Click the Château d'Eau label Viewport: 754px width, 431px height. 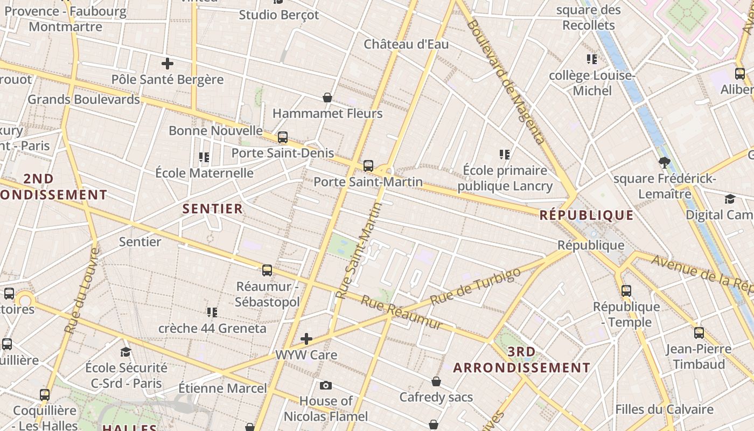pyautogui.click(x=406, y=44)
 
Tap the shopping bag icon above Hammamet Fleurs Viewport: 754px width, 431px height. pyautogui.click(x=327, y=98)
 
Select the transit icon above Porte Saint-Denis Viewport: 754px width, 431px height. pyautogui.click(x=283, y=137)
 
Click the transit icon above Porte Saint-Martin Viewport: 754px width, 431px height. pyautogui.click(x=368, y=165)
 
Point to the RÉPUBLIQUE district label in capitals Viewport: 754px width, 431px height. pyautogui.click(x=587, y=215)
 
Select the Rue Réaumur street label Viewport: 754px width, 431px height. pyautogui.click(x=402, y=312)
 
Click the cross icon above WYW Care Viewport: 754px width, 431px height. pyautogui.click(x=306, y=339)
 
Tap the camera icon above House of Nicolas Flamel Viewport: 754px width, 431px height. pyautogui.click(x=325, y=385)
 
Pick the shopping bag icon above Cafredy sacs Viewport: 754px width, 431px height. pyautogui.click(x=436, y=381)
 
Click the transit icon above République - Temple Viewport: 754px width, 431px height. pyautogui.click(x=626, y=291)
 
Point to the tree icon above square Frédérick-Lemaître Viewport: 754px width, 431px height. pyautogui.click(x=664, y=162)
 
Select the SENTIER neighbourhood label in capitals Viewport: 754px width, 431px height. pyautogui.click(x=213, y=209)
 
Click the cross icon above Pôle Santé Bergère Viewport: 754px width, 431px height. pyautogui.click(x=167, y=64)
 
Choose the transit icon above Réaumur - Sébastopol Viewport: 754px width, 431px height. pyautogui.click(x=267, y=270)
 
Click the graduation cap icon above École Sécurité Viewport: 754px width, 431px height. pyautogui.click(x=126, y=352)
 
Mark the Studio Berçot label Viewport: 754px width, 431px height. pyautogui.click(x=279, y=15)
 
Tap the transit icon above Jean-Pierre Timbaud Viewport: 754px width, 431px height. pyautogui.click(x=699, y=333)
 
